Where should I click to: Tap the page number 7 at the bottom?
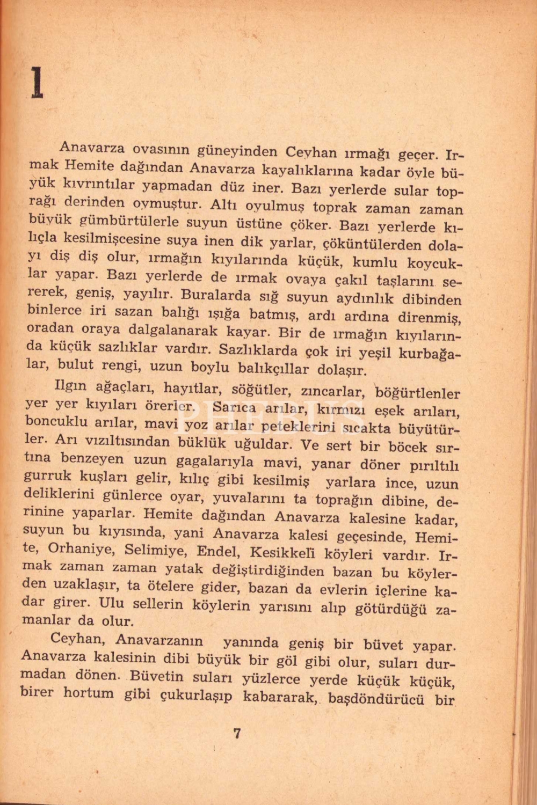[x=237, y=733]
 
